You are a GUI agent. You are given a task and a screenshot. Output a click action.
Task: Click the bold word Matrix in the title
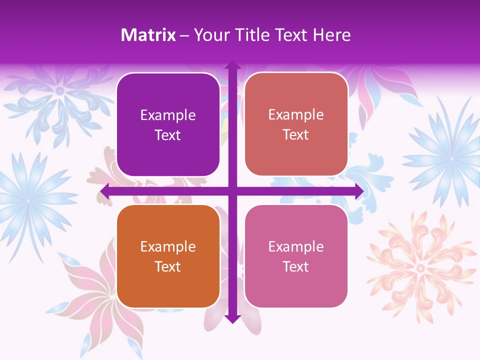[x=148, y=35]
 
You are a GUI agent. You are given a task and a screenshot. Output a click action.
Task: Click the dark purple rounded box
[x=168, y=124]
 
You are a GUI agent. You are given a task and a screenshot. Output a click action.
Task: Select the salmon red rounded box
[x=296, y=124]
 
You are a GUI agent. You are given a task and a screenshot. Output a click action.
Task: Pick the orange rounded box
[x=168, y=256]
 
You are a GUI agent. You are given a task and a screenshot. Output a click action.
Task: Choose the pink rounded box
[x=296, y=256]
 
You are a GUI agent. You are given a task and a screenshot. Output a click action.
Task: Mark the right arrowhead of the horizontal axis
[x=358, y=191]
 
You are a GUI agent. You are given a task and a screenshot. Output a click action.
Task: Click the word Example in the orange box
[x=168, y=246]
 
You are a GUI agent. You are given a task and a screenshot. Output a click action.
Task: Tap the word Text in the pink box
[x=296, y=266]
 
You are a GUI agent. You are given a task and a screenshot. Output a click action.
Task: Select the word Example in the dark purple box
[x=168, y=115]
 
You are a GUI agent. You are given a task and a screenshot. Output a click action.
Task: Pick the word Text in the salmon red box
[x=296, y=135]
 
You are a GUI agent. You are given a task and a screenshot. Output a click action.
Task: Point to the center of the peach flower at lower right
[x=420, y=268]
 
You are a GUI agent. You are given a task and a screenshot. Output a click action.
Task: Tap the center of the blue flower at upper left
[x=60, y=91]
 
